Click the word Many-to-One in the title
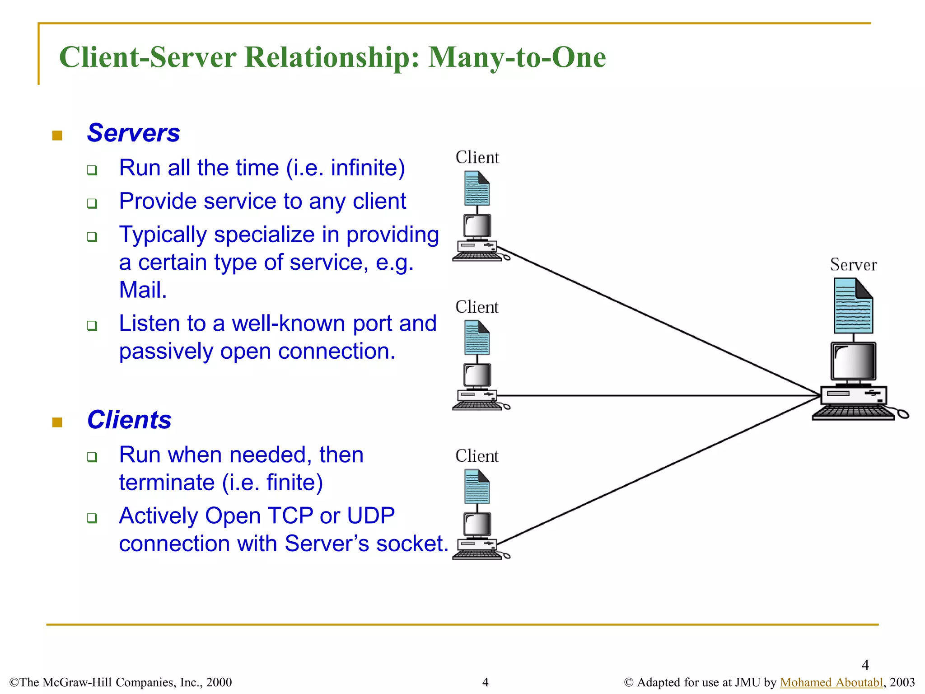(517, 57)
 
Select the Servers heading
(133, 133)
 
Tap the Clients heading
(129, 420)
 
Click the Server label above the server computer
(853, 265)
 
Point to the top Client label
(477, 158)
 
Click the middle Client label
(477, 307)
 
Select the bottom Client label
(477, 456)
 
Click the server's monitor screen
(854, 361)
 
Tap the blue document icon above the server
(853, 306)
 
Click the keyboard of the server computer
(853, 412)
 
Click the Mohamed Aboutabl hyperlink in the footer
(831, 682)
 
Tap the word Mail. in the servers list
(143, 290)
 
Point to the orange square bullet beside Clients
(57, 422)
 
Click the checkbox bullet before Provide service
(92, 203)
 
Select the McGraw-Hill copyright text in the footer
(121, 682)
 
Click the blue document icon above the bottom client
(477, 487)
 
